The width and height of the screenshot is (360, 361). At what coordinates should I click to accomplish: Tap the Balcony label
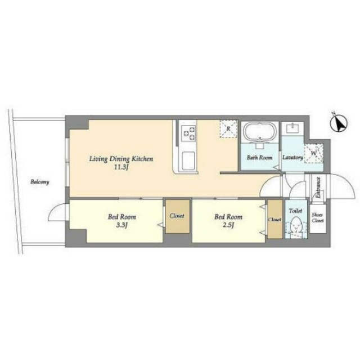pos(40,182)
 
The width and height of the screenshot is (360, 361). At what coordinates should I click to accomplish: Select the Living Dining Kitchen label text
pos(121,159)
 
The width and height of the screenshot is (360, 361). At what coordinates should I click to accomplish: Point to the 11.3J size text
pos(121,167)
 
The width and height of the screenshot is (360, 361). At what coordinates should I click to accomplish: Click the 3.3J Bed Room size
pos(121,225)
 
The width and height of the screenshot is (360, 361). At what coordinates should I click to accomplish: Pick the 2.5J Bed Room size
pos(228,225)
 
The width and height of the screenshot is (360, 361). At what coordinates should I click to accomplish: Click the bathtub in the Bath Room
pos(260,131)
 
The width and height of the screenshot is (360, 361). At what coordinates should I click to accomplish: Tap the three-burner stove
pos(188,133)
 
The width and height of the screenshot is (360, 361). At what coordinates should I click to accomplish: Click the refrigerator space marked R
pos(228,129)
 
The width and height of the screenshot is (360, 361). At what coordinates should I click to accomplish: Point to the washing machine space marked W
pos(313,153)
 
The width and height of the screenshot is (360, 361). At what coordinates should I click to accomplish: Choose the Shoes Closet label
pos(318,217)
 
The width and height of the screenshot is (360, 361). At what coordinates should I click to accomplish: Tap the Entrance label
pos(318,188)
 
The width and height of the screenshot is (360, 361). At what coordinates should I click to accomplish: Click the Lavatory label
pos(292,158)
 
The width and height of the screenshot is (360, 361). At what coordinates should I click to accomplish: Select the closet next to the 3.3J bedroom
pos(178,216)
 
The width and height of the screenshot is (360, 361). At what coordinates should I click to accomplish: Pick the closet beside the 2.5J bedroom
pos(275,219)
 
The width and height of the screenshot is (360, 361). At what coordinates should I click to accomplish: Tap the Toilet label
pos(296,211)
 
